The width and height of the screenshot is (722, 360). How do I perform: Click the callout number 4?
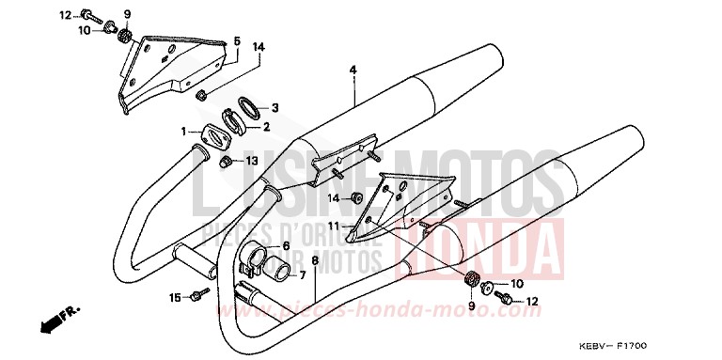(x=353, y=70)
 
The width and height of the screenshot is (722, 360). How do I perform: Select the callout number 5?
(x=237, y=41)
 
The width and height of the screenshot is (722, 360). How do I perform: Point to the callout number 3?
(x=275, y=107)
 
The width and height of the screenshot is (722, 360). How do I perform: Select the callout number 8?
(x=315, y=259)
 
